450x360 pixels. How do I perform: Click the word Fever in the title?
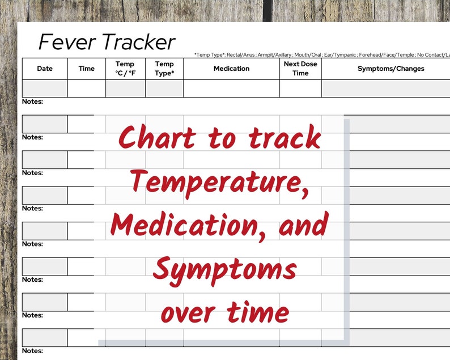64,43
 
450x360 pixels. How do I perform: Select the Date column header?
45,69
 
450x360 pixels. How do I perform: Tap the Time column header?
87,69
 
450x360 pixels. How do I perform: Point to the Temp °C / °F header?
125,69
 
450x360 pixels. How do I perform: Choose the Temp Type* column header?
164,69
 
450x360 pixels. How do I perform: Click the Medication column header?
231,69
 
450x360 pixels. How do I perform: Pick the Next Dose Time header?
300,69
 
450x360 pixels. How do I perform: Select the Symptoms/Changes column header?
390,69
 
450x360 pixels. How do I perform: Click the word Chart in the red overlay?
155,138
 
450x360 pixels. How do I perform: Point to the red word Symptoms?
224,269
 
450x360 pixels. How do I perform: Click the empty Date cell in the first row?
45,88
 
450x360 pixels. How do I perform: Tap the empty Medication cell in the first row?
231,88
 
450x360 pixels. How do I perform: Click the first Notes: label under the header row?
32,101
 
